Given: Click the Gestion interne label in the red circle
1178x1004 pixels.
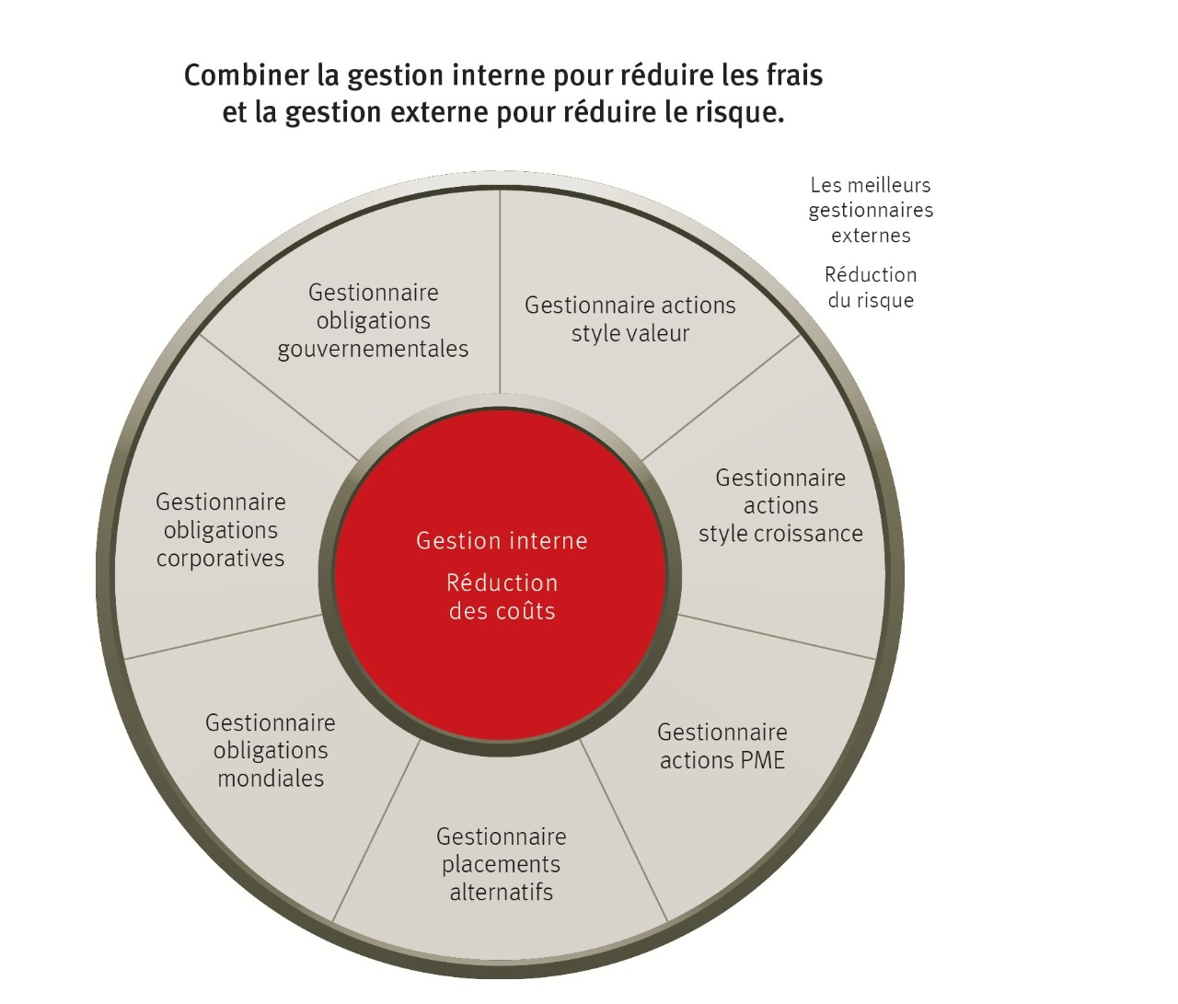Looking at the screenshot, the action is (502, 541).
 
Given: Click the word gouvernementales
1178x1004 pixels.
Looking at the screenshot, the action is (374, 350).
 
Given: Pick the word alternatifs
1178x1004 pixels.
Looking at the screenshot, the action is (502, 892).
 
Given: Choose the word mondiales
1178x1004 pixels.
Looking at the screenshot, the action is (271, 779).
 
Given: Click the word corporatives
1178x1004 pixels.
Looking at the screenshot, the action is (221, 559).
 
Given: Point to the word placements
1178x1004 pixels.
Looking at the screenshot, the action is (502, 864).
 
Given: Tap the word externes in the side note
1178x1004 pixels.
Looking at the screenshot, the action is (871, 236).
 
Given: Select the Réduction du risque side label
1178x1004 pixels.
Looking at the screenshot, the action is (871, 287).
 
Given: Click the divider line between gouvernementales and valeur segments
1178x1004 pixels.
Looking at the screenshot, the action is (500, 292).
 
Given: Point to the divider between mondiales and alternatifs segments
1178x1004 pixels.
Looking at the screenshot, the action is (376, 830).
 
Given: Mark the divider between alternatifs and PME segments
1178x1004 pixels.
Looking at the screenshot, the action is (623, 830).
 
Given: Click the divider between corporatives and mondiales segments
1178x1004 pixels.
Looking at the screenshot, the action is (224, 636).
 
